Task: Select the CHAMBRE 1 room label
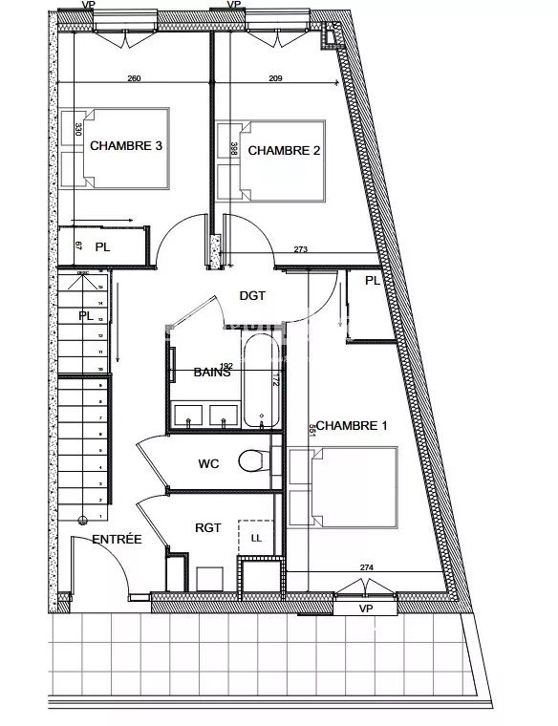click(351, 425)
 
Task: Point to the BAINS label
click(212, 373)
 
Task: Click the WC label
click(210, 464)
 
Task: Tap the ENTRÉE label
click(117, 540)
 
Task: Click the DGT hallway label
click(251, 296)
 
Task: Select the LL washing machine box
click(255, 538)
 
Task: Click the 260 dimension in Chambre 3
click(134, 78)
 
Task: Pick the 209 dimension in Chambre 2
click(276, 78)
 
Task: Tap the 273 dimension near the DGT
click(301, 249)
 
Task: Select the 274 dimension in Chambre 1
click(366, 568)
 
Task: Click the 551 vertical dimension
click(311, 430)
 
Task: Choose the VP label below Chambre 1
click(364, 608)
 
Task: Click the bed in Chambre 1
click(342, 488)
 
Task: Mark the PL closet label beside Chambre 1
click(372, 281)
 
